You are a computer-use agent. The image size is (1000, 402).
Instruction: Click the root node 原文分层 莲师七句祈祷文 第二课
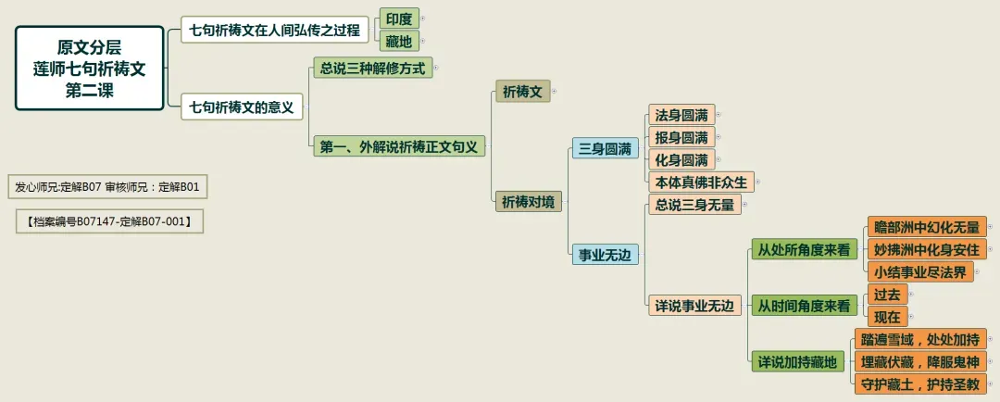tap(89, 69)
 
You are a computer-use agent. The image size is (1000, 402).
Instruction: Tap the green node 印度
tap(399, 19)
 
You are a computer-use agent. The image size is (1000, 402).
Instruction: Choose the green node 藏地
tap(399, 41)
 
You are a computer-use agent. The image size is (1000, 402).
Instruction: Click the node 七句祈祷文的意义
tap(241, 107)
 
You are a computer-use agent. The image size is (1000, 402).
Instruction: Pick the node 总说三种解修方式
tap(372, 68)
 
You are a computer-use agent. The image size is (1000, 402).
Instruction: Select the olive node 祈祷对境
tap(529, 201)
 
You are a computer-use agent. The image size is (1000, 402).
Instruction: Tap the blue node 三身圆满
tap(605, 148)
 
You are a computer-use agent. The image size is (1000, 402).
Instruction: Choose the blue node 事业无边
tap(605, 255)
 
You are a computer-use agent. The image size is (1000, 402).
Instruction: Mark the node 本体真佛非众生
tap(701, 182)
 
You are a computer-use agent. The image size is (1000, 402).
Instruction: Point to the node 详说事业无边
tap(694, 305)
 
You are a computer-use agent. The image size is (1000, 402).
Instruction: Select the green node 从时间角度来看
tap(804, 305)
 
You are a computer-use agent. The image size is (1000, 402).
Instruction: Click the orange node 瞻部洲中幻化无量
tap(927, 227)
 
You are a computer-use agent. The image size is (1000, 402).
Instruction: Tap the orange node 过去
tap(887, 295)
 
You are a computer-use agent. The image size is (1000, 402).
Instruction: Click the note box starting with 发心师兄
tap(107, 187)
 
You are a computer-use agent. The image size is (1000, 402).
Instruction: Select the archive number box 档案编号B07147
tap(109, 221)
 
